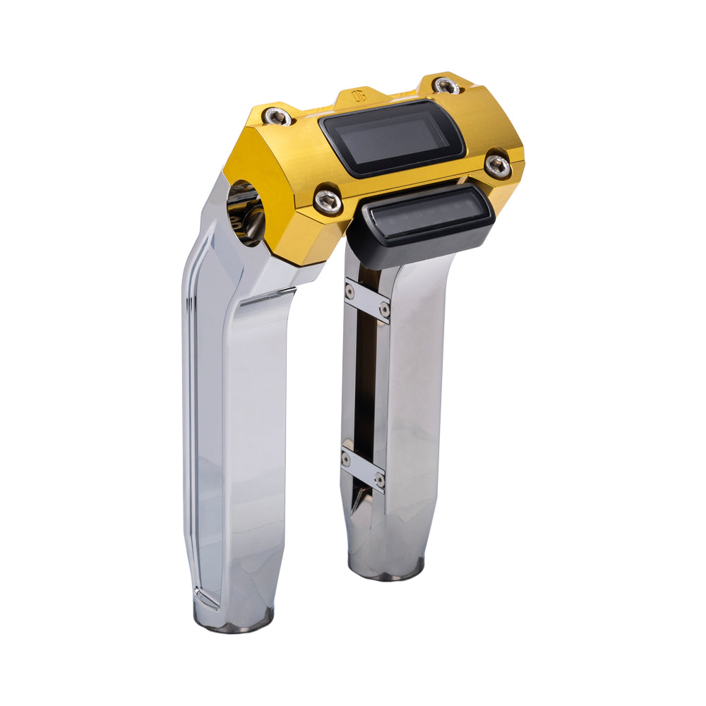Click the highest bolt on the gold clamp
[x=447, y=86]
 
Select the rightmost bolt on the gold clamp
[x=498, y=165]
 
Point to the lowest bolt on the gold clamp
[x=329, y=201]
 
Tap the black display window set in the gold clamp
[x=393, y=137]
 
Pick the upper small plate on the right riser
[x=367, y=300]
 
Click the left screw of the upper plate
[x=349, y=289]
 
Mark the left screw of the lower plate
[x=346, y=459]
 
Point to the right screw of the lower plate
[x=379, y=479]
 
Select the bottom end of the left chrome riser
[x=234, y=620]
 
